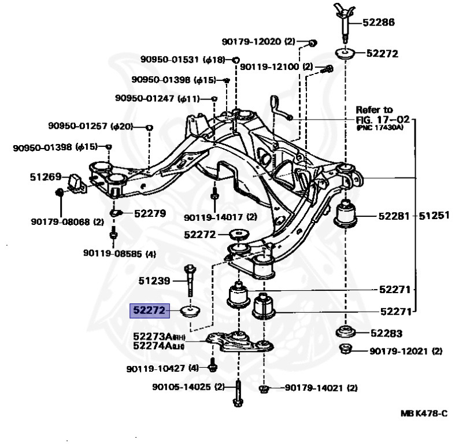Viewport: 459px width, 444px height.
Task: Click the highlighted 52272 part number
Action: pyautogui.click(x=149, y=311)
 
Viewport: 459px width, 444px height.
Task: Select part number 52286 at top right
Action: pyautogui.click(x=379, y=24)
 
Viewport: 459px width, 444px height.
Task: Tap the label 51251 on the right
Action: pyautogui.click(x=434, y=216)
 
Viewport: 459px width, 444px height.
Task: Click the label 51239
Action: pyautogui.click(x=154, y=282)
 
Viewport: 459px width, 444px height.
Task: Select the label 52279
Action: pyautogui.click(x=150, y=213)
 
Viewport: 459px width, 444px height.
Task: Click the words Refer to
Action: pyautogui.click(x=373, y=109)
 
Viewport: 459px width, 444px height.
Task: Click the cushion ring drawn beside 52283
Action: pyautogui.click(x=346, y=333)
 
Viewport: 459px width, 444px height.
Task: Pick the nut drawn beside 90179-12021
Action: pyautogui.click(x=346, y=349)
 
